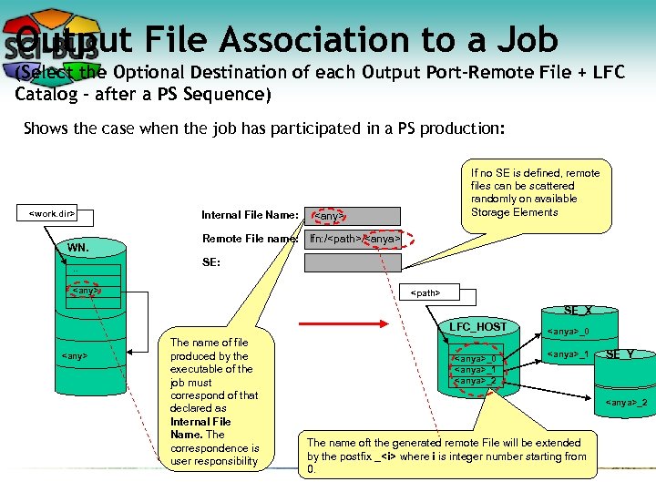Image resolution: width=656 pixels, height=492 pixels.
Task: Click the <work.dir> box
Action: tap(52, 214)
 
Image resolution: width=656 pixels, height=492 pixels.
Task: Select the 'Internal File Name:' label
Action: tap(250, 216)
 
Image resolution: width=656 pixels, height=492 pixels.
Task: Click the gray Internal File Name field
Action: tap(352, 216)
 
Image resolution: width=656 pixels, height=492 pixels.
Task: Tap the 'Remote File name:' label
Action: tap(250, 239)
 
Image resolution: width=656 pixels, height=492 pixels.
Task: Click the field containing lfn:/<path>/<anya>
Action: tap(352, 239)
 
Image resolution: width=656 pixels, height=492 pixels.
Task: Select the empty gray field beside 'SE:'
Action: tap(352, 263)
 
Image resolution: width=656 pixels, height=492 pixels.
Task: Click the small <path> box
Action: tap(426, 293)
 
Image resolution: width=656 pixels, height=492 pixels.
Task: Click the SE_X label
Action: tap(579, 311)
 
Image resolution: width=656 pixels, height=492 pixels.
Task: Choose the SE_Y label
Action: tap(620, 354)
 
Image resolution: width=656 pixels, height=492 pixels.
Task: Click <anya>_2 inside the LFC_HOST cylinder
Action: tap(475, 381)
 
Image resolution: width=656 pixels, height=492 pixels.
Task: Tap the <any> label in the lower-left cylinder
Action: tap(74, 355)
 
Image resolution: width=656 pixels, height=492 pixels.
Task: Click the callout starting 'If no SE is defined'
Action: tap(537, 193)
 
